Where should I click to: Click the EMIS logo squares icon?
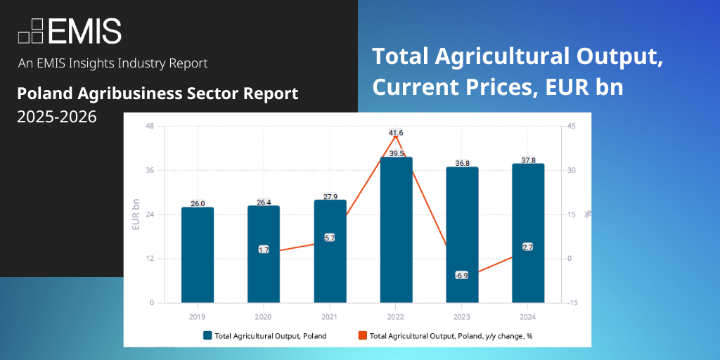(32, 30)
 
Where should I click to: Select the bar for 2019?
(198, 255)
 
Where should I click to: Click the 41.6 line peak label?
(396, 133)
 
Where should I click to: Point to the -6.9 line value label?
(461, 275)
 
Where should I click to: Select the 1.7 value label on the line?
(264, 250)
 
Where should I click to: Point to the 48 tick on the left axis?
(150, 127)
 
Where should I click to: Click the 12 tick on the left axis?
(150, 259)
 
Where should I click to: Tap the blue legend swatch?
(207, 335)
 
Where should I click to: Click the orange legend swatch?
(362, 335)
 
